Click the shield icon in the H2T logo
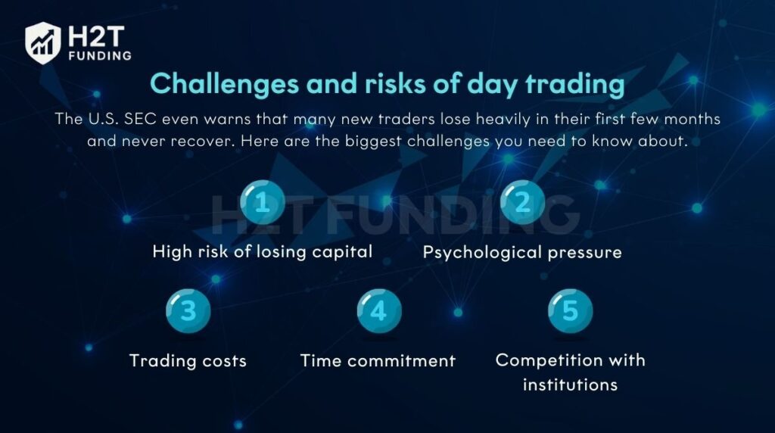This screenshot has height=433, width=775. pyautogui.click(x=43, y=43)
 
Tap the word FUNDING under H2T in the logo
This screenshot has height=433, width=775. pyautogui.click(x=101, y=56)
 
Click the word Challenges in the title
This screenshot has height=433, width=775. pyautogui.click(x=224, y=83)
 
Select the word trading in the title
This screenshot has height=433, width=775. pyautogui.click(x=575, y=83)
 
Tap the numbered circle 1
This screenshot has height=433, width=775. pyautogui.click(x=263, y=202)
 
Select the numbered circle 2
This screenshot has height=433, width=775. pyautogui.click(x=522, y=202)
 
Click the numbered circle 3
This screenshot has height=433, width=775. pyautogui.click(x=188, y=311)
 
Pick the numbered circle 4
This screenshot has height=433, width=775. pyautogui.click(x=379, y=311)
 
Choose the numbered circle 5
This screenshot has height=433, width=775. pyautogui.click(x=571, y=311)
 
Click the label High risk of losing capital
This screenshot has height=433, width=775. pyautogui.click(x=263, y=252)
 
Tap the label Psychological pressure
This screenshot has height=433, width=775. pyautogui.click(x=522, y=253)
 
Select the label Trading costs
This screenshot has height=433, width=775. pyautogui.click(x=188, y=361)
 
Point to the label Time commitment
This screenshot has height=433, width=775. pyautogui.click(x=378, y=361)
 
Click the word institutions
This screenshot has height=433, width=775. pyautogui.click(x=571, y=385)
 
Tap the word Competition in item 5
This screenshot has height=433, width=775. pyautogui.click(x=546, y=360)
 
